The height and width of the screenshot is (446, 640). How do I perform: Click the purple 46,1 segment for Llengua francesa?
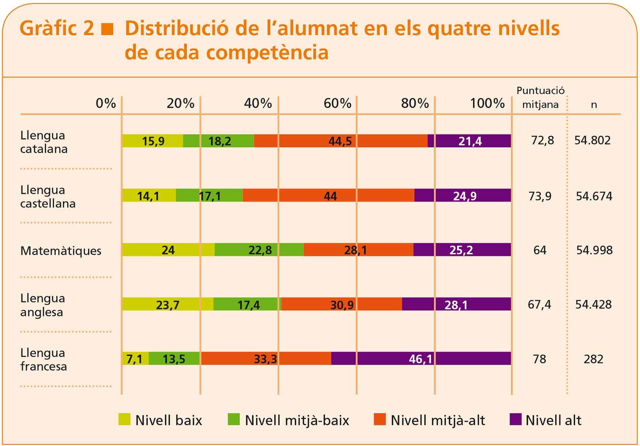point(421,358)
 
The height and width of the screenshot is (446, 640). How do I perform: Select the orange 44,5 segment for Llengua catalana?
point(340,141)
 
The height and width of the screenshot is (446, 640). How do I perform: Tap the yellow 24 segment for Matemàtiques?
point(168,250)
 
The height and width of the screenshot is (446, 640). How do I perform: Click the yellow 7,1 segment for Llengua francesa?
point(135,359)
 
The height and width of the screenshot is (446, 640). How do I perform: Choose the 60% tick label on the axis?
point(337,103)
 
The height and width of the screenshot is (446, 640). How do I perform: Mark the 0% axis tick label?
point(106,103)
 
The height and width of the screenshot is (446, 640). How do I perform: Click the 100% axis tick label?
point(487,103)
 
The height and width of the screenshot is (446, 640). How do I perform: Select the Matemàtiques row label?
point(61,251)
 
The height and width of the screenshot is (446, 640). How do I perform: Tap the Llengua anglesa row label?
point(42,305)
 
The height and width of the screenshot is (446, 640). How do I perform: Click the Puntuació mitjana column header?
point(540,98)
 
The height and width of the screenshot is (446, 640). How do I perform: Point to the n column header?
point(594,105)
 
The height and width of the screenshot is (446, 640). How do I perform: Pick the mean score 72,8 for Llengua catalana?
point(542,140)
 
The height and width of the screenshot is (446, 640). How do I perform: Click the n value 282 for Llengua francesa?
point(593,359)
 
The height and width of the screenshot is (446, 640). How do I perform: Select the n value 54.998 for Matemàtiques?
point(594,250)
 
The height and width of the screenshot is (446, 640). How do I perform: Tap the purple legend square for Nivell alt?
point(515,419)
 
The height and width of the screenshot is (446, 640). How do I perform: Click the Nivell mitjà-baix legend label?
point(297,420)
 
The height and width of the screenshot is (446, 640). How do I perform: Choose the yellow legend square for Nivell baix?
point(124,419)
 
